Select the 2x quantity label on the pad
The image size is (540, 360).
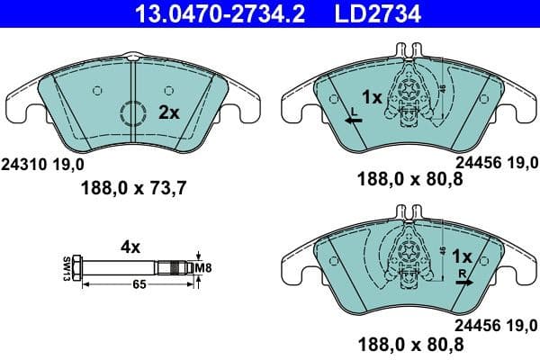(168, 112)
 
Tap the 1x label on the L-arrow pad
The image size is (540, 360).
(371, 96)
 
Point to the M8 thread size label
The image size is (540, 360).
(206, 267)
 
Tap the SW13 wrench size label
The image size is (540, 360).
(66, 268)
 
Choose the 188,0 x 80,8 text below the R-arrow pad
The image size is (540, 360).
(410, 344)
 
